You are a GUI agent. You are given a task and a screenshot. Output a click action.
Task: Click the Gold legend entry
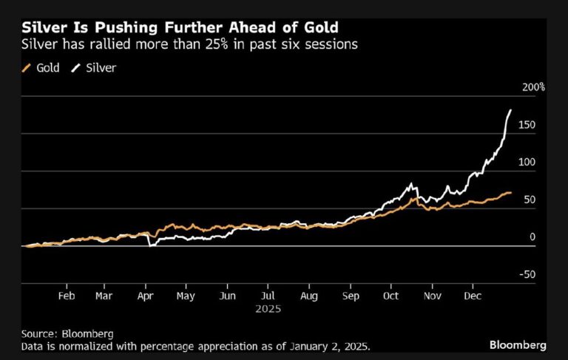coord(46,68)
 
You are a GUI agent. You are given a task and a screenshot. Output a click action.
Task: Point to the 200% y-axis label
coord(533,87)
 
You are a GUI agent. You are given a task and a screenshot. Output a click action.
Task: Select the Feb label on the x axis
coord(66,295)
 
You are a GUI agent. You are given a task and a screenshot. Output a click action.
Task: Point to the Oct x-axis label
coord(391,295)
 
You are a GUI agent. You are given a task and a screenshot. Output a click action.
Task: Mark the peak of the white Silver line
coord(510,110)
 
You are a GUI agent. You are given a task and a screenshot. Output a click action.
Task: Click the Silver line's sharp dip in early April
coord(149,245)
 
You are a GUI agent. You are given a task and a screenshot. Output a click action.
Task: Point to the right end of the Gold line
coord(511,193)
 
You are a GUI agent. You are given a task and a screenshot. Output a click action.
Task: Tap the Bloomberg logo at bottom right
coord(518,344)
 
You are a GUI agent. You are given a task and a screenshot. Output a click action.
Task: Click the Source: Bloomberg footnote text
coord(62,333)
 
